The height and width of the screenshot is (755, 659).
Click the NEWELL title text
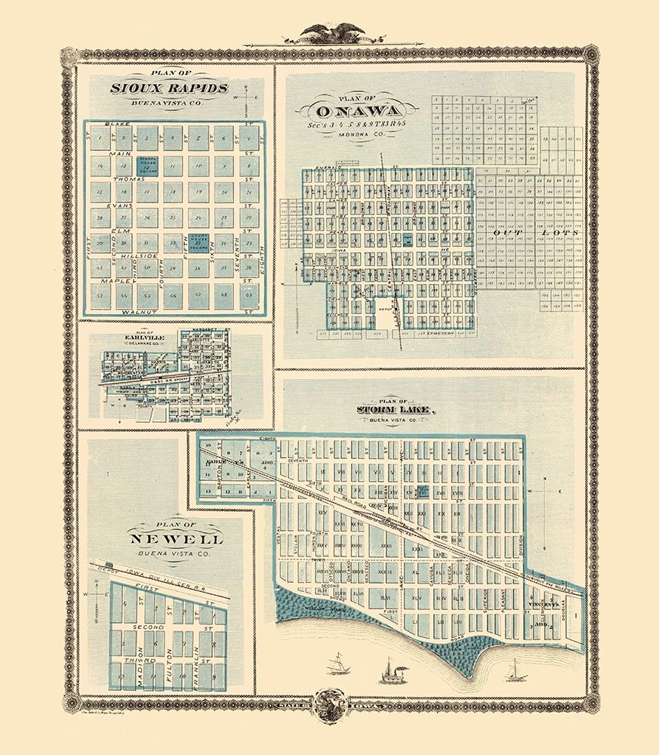177,541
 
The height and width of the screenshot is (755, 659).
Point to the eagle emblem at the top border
329,32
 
